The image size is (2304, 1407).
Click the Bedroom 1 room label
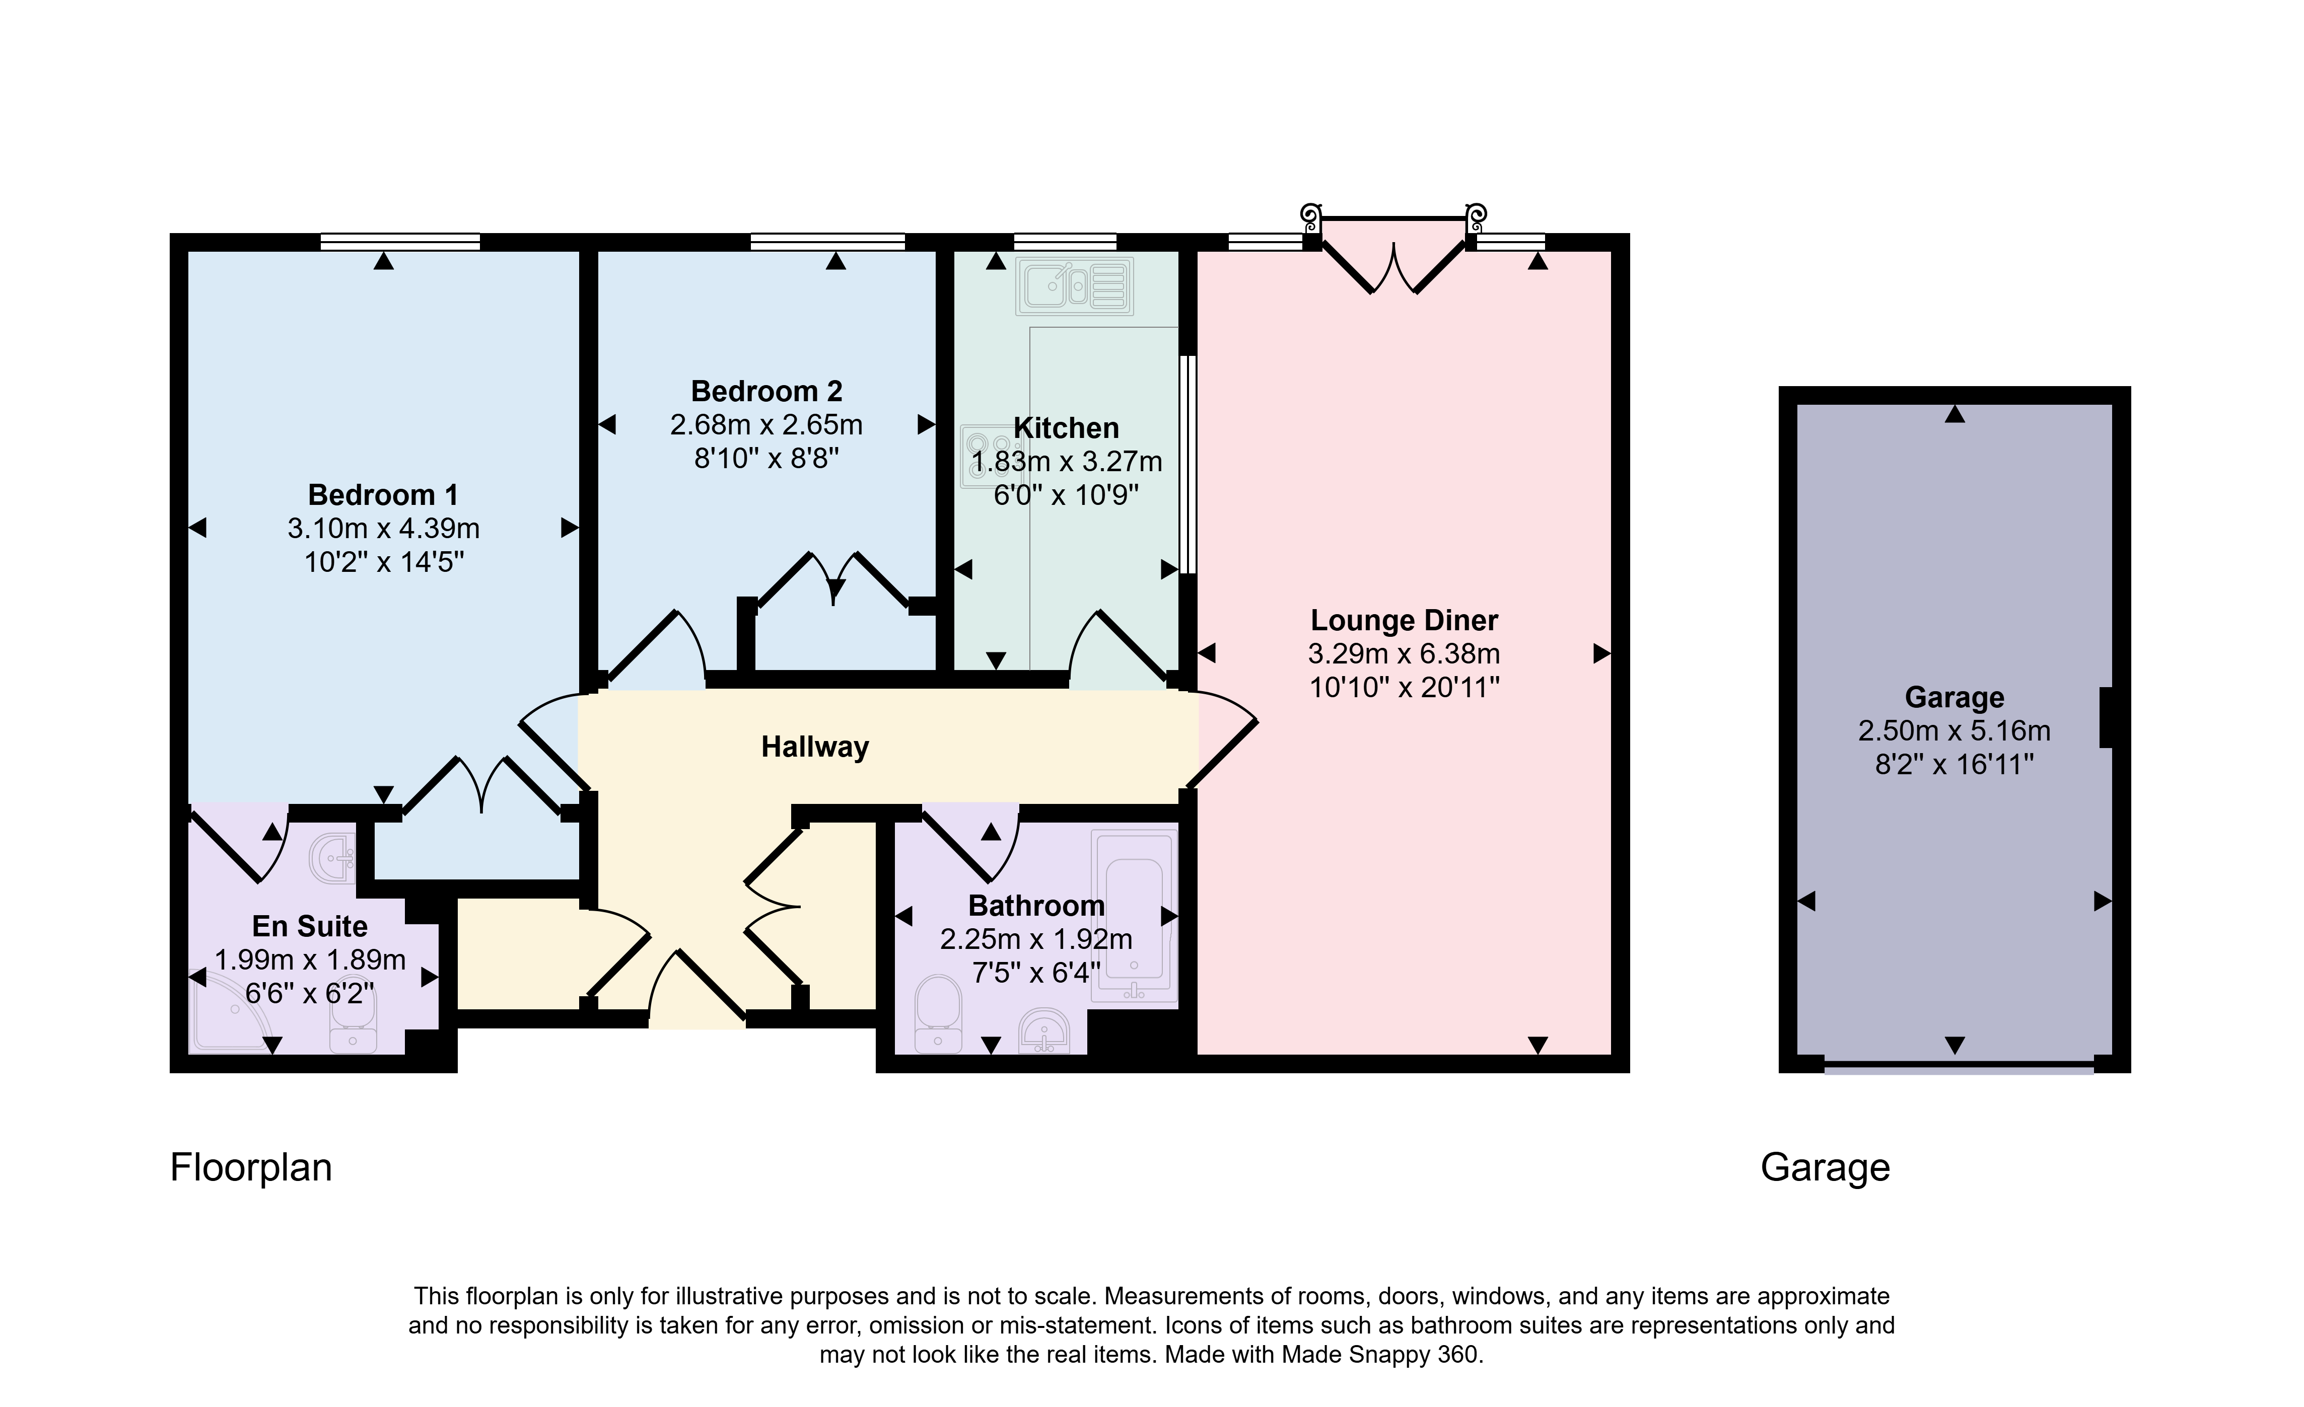click(383, 494)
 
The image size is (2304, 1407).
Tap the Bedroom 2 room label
click(767, 391)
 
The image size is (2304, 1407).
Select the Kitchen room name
click(1066, 428)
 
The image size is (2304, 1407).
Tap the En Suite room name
click(310, 926)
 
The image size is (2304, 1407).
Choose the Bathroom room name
click(1036, 906)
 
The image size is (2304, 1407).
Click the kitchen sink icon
click(1075, 286)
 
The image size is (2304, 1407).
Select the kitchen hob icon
click(977, 456)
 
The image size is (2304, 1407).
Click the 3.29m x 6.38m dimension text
click(1405, 653)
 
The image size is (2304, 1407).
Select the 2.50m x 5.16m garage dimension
click(1954, 730)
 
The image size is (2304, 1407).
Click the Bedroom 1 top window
click(400, 242)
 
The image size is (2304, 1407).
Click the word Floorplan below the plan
click(251, 1168)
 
